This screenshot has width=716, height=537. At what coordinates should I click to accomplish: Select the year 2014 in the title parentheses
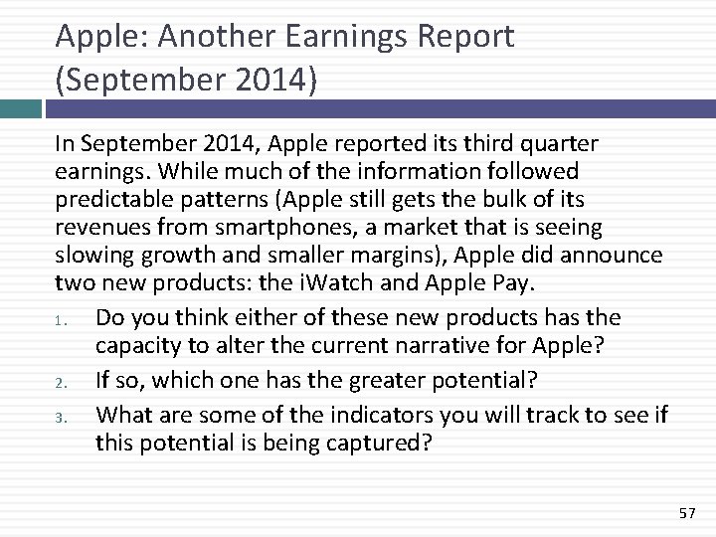coord(268,80)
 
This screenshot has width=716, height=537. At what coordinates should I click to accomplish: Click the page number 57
coord(686,512)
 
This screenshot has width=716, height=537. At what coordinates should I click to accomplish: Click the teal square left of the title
coord(20,109)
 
